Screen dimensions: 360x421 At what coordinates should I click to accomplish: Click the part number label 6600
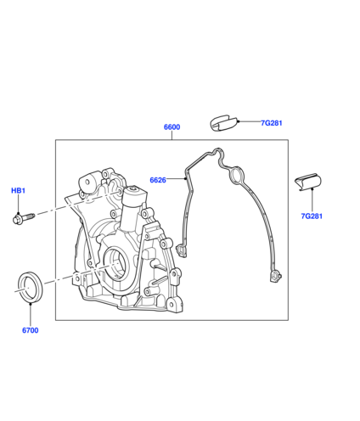pos(172,127)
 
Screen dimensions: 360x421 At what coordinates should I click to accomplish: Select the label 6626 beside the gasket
pos(158,180)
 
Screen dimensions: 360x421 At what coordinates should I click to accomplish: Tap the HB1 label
pos(19,191)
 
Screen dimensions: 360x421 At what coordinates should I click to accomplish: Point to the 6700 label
pos(31,330)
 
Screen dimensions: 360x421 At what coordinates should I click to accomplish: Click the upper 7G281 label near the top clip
pos(272,123)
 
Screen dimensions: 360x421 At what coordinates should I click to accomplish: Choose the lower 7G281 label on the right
pos(312,216)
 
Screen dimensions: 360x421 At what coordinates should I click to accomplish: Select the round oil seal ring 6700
pos(31,287)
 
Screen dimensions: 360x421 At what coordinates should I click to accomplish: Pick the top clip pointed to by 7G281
pos(223,123)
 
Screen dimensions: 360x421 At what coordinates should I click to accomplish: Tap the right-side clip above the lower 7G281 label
pos(308,182)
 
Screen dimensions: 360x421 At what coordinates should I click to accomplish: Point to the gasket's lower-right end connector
pos(275,277)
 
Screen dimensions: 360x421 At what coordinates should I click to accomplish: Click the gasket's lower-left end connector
pos(182,250)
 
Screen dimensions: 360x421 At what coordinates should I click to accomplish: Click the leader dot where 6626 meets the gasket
pos(185,178)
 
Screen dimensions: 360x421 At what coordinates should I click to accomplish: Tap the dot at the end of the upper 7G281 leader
pos(239,121)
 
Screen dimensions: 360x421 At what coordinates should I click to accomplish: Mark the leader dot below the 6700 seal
pos(31,304)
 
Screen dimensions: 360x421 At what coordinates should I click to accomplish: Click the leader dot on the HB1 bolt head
pos(18,214)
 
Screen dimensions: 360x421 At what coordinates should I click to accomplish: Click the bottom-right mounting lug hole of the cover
pos(172,304)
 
